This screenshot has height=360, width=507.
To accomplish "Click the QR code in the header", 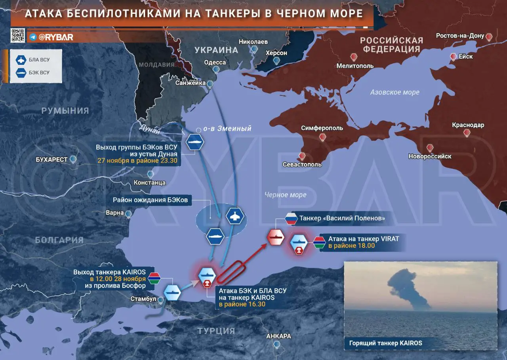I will pos(18,36).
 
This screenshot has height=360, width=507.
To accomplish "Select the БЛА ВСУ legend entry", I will pos(36,60).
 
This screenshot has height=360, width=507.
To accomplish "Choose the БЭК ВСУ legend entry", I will pos(36,72).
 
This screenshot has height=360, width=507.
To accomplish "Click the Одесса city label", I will pos(215,62).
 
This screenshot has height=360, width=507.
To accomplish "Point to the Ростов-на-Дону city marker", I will pos(489,37).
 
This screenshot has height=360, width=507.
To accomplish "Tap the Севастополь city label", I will pos(302,164).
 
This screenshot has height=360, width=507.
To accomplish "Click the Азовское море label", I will pos(395,92).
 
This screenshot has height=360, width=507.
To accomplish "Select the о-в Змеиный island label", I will pos(227,129).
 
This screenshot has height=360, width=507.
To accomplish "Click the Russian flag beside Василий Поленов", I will pos(291,219).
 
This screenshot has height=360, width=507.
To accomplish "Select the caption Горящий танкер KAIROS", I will pos(385,343).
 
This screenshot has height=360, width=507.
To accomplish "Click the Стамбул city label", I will pos(143,299).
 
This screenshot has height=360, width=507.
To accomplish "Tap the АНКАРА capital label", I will pos(278,336).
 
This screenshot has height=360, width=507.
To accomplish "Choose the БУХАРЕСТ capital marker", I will pos(72,159).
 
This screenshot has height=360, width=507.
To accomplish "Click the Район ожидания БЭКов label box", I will pos(150,200).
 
